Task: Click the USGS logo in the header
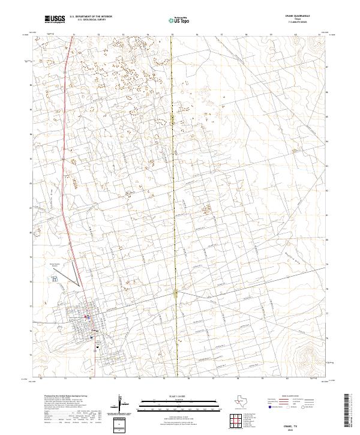55,19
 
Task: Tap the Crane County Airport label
55,265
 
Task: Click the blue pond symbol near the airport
55,279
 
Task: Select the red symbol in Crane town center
86,317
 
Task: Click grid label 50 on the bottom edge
41,379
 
